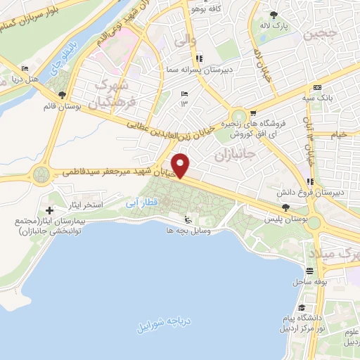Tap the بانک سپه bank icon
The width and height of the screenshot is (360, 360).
pos(317,87)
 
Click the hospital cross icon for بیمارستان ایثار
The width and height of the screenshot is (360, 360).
pos(49,210)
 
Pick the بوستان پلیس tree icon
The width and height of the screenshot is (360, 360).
pos(285,207)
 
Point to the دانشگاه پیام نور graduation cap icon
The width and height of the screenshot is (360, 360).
pos(300,308)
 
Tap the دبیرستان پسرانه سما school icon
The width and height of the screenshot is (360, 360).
pos(200,58)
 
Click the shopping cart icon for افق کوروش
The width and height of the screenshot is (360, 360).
pos(252,113)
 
